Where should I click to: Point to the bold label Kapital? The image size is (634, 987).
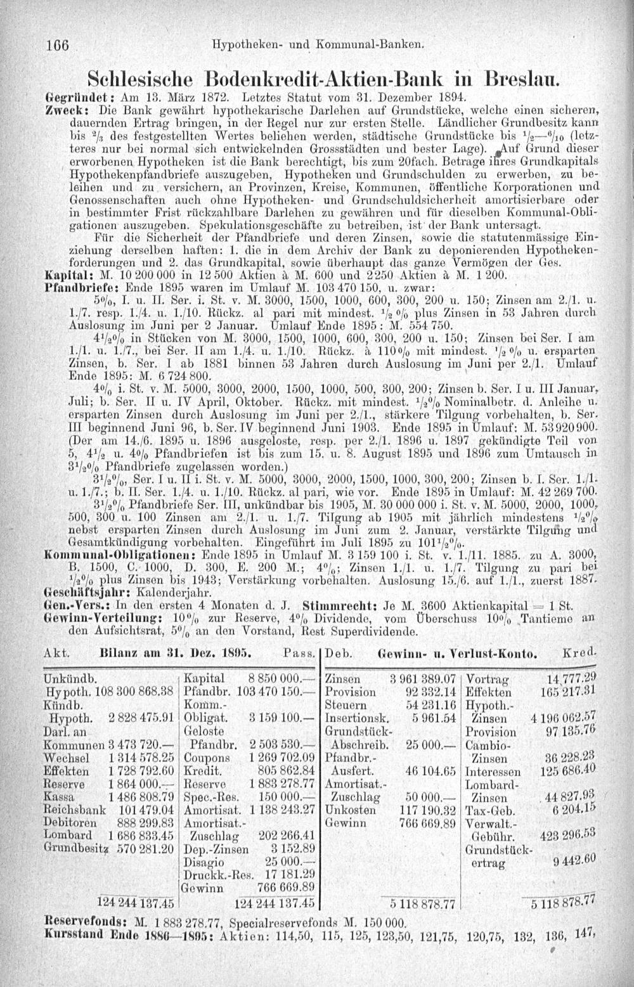(63, 277)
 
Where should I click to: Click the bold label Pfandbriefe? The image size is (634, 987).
(73, 287)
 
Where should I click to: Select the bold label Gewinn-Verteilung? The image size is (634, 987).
(87, 598)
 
